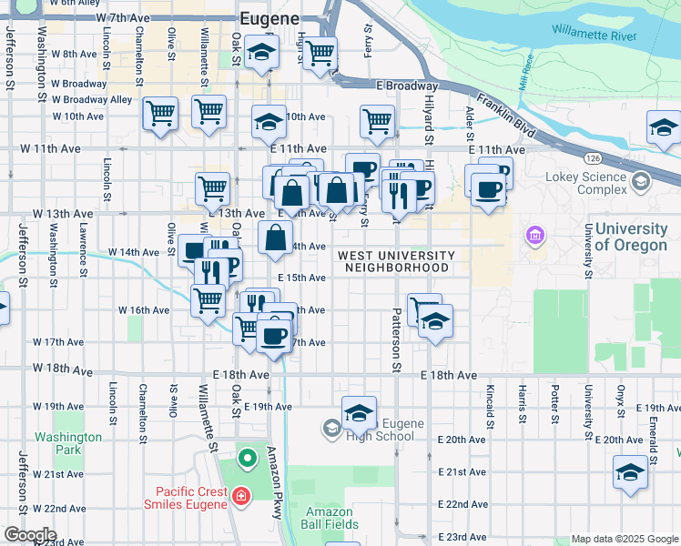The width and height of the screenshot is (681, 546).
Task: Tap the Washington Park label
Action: click(x=68, y=443)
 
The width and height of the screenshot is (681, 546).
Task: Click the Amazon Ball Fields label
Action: click(x=330, y=519)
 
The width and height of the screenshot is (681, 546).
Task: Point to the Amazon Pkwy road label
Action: click(x=277, y=482)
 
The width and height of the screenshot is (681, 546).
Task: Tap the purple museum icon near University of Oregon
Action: click(x=534, y=238)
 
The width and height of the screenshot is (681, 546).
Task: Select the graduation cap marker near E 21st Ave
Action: click(x=630, y=472)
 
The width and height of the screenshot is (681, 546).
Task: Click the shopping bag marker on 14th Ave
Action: click(x=276, y=238)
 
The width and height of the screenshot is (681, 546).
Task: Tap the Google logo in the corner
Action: click(x=29, y=535)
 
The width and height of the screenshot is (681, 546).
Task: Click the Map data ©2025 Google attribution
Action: click(x=624, y=539)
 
